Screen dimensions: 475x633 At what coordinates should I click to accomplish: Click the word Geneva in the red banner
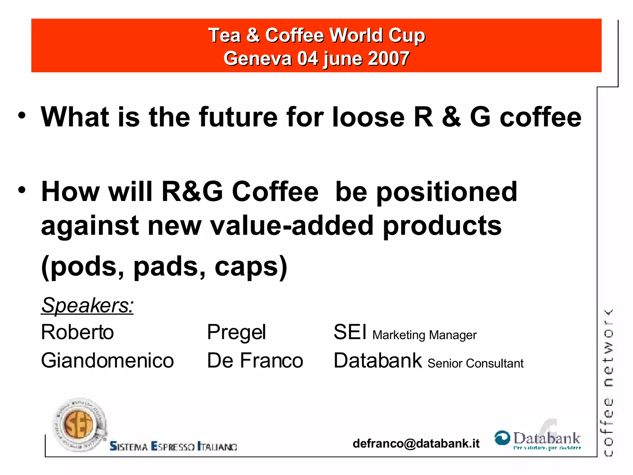pos(257,59)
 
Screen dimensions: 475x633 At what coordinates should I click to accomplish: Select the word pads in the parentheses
pos(169,267)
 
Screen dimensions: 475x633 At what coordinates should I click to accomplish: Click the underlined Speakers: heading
pos(87,306)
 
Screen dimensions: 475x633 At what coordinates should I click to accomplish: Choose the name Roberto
pos(77,332)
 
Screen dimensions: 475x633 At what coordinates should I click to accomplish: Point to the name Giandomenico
pos(107,361)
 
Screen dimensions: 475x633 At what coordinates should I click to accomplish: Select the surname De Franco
pos(255,361)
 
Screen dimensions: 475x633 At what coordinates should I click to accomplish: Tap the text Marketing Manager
pos(424,335)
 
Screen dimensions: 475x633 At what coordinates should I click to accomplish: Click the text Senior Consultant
pos(475,363)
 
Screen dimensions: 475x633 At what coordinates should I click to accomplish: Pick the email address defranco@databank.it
pos(416,443)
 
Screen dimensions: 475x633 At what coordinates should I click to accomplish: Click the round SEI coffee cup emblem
pos(79,424)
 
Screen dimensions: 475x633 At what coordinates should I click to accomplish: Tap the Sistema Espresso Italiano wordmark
pos(173,447)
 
